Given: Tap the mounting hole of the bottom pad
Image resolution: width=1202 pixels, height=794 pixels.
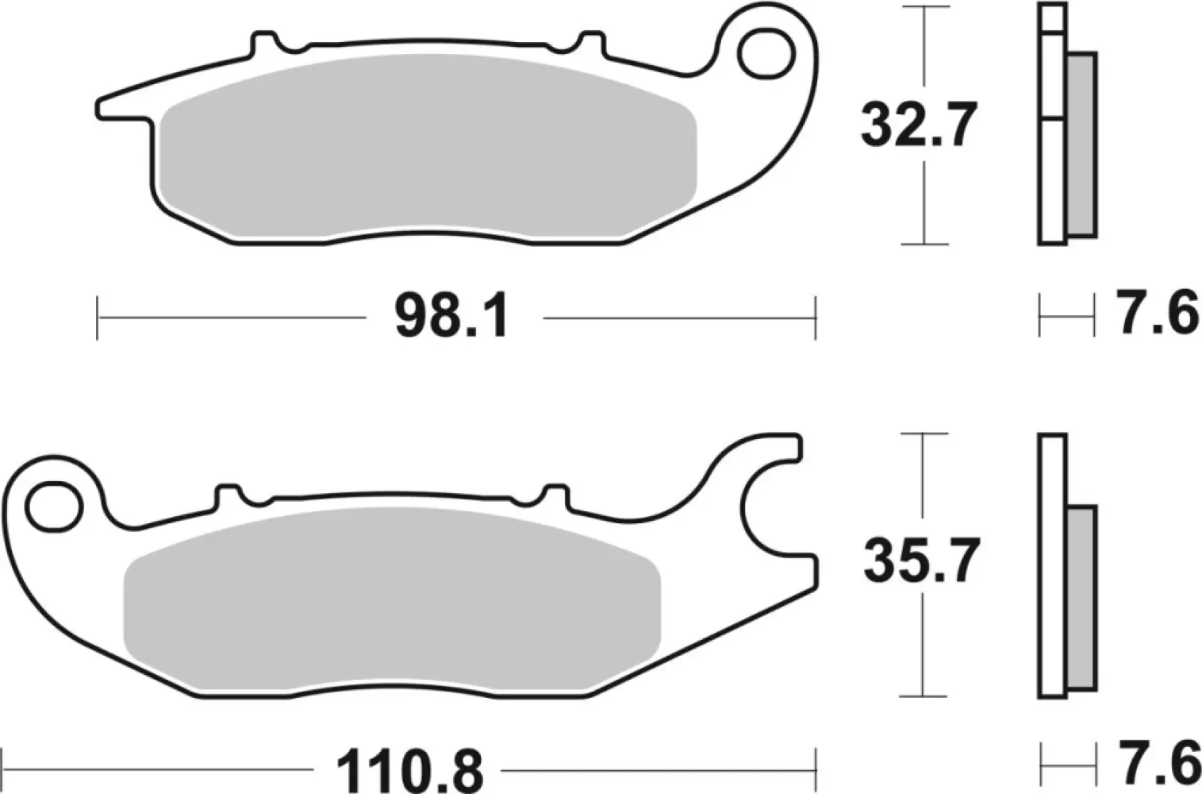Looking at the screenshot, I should [54, 505].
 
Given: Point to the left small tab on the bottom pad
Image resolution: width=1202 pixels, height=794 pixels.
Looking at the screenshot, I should [228, 495].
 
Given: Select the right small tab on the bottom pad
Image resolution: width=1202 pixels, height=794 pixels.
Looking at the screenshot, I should [555, 495].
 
